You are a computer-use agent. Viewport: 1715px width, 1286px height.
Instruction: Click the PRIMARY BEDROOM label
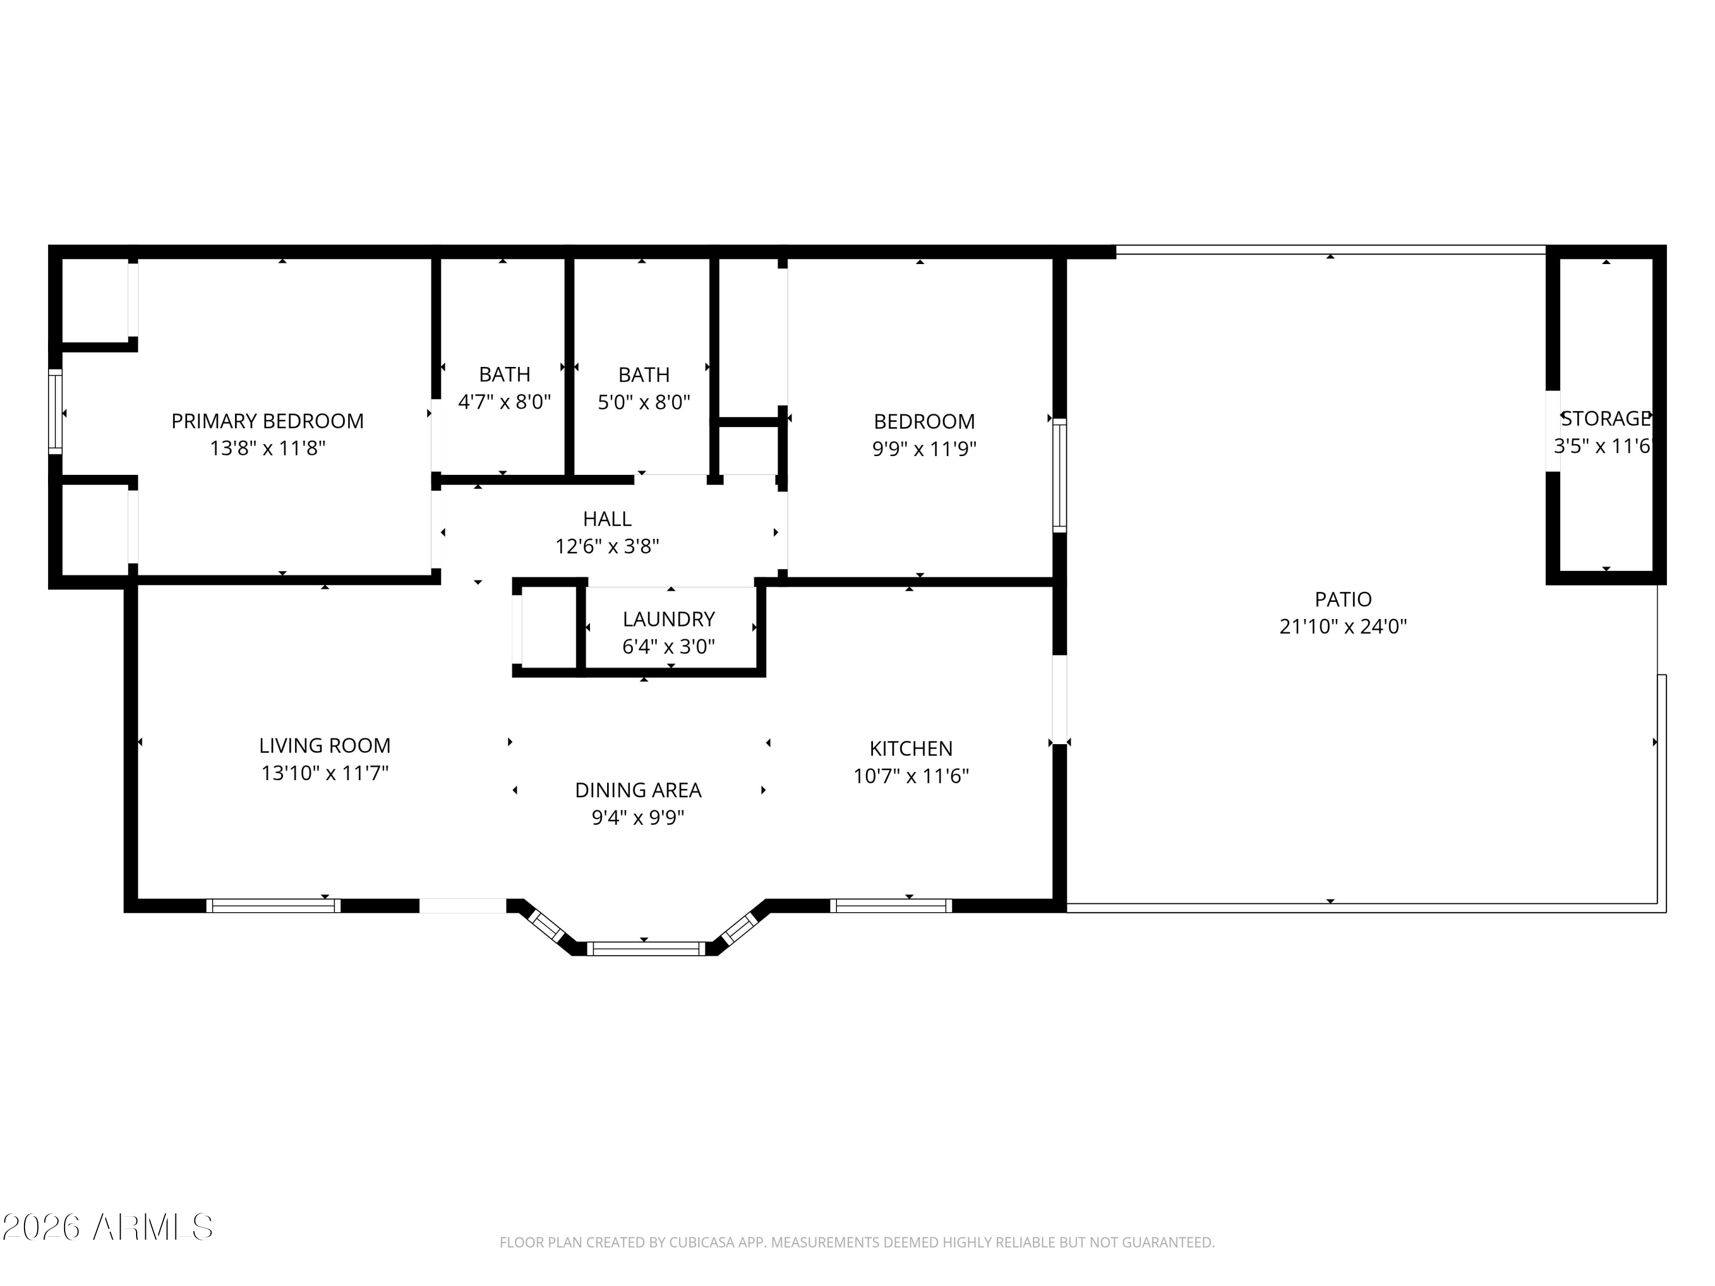click(268, 421)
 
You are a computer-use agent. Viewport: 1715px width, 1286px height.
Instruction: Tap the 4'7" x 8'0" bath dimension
click(504, 402)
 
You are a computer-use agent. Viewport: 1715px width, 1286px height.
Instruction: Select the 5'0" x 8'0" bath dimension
click(644, 402)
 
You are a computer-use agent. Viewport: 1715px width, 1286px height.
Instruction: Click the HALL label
click(607, 518)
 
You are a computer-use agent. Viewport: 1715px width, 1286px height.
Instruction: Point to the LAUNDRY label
click(668, 618)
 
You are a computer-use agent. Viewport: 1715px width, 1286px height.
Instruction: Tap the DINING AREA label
click(638, 790)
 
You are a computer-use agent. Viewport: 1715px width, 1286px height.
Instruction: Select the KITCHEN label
click(911, 749)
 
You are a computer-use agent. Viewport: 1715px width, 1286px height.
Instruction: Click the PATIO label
click(1343, 599)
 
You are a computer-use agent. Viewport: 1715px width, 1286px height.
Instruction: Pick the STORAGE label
click(1604, 418)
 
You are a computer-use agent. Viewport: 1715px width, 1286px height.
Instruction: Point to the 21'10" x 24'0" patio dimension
click(1343, 626)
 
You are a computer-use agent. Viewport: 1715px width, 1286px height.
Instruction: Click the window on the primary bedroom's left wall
click(55, 411)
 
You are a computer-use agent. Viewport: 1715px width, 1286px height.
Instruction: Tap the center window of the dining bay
click(646, 949)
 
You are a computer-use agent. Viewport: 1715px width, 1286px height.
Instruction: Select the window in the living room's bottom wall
click(273, 905)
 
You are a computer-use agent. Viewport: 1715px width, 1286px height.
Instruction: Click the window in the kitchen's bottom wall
click(891, 905)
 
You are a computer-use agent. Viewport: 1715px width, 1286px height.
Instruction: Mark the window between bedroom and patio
click(1059, 475)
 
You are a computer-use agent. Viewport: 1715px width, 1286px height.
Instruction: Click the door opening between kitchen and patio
click(1059, 699)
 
